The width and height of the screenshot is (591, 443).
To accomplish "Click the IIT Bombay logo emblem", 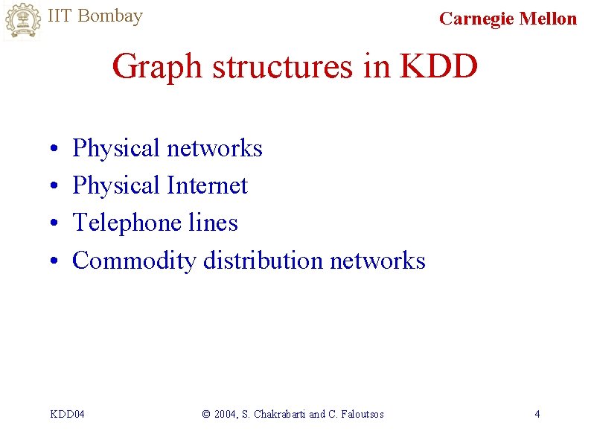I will click(22, 21).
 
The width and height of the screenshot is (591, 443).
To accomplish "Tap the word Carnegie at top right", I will click(476, 19).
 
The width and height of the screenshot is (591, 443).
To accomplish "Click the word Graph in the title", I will click(157, 66).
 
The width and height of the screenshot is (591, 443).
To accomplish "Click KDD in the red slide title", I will click(438, 66).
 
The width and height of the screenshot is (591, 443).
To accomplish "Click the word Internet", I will click(207, 185).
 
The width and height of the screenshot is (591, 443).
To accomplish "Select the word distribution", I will click(263, 261).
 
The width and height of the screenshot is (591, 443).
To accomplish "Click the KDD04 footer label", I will click(67, 414).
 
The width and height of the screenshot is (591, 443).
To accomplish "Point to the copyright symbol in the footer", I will click(206, 414).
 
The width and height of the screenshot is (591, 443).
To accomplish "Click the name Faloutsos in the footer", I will click(361, 414).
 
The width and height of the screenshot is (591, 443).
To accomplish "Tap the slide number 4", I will click(537, 414).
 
